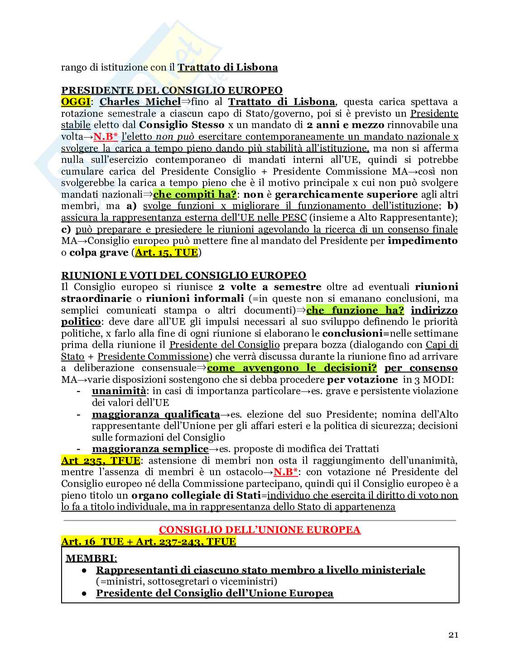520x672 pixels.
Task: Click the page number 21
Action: pos(453,635)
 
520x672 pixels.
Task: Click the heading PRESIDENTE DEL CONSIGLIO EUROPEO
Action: pos(172,90)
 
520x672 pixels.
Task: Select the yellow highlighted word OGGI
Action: pos(76,101)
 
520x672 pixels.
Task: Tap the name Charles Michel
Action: pos(140,101)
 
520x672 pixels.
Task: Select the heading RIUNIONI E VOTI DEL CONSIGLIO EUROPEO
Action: pos(183,275)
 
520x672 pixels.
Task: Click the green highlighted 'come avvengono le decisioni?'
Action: pos(292,368)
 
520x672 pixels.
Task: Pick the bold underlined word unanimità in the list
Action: pos(119,391)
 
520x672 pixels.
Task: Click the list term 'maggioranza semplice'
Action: pos(150,449)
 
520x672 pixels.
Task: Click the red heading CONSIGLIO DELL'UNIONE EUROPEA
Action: pos(260,530)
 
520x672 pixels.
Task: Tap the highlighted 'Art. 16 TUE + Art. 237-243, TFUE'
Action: pos(149,541)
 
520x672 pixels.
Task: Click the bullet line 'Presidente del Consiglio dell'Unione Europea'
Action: pos(215,593)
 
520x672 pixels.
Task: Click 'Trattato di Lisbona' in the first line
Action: pos(227,67)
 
